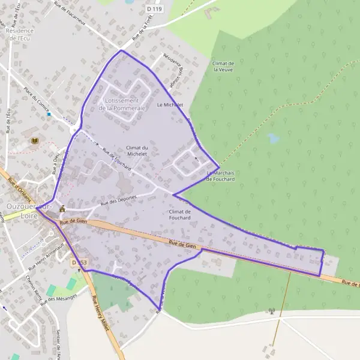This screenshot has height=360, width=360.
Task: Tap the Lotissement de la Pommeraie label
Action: (122, 104)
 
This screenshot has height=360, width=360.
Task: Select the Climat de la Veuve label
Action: (223, 66)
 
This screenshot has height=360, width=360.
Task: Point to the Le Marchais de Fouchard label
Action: (220, 176)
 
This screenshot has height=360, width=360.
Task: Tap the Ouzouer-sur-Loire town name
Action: (29, 210)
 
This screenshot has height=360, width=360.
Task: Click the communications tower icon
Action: (271, 311)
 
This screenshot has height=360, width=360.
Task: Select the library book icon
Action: (35, 140)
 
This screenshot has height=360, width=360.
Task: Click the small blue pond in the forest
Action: (273, 139)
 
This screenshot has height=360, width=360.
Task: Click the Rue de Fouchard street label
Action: (116, 158)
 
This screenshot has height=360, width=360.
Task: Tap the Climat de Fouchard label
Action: (179, 215)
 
